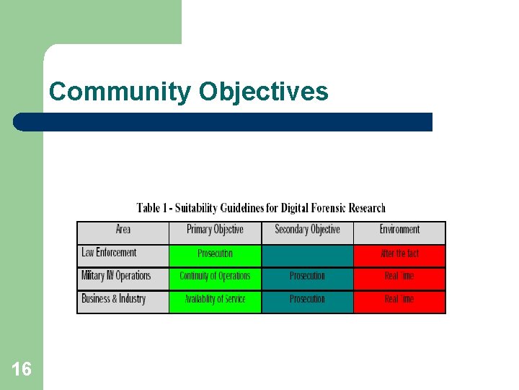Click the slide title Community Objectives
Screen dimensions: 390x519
pos(188,92)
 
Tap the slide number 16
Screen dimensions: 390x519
pos(22,370)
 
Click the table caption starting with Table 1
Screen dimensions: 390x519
pos(261,208)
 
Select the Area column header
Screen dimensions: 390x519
pos(123,230)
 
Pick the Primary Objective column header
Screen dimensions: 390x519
pos(215,230)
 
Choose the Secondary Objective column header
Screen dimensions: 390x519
pos(307,230)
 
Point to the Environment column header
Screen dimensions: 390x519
pos(399,230)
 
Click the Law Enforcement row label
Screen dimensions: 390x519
pos(110,253)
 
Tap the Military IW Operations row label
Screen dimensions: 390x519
pos(117,276)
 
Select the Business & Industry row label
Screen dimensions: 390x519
pos(114,299)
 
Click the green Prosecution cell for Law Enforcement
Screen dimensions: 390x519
pos(215,254)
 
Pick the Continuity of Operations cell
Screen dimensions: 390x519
pos(215,277)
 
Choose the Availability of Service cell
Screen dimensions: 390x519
pos(215,300)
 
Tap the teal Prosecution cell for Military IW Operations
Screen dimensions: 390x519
pos(307,277)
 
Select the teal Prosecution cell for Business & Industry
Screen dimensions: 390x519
pos(307,300)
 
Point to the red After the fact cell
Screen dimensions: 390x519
pos(399,254)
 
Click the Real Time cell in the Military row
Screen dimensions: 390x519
pos(399,277)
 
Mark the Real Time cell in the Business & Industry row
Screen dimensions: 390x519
pos(399,300)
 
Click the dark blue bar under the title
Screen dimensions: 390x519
pos(223,121)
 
